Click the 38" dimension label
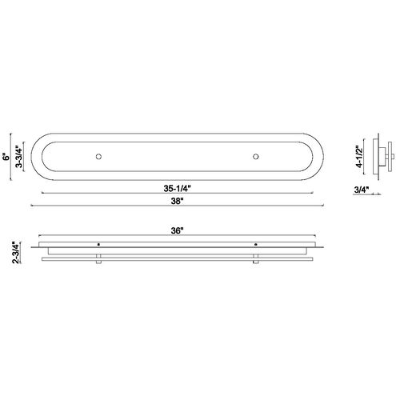coord(178,201)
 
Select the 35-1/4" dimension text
coord(178,189)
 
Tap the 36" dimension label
coord(178,230)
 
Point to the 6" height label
coord(6,157)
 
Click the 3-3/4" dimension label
coord(19,157)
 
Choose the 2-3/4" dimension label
coord(16,253)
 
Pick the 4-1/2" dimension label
coord(360,157)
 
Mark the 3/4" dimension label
coord(362,190)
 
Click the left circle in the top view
coord(98,157)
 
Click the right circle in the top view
coord(256,157)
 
